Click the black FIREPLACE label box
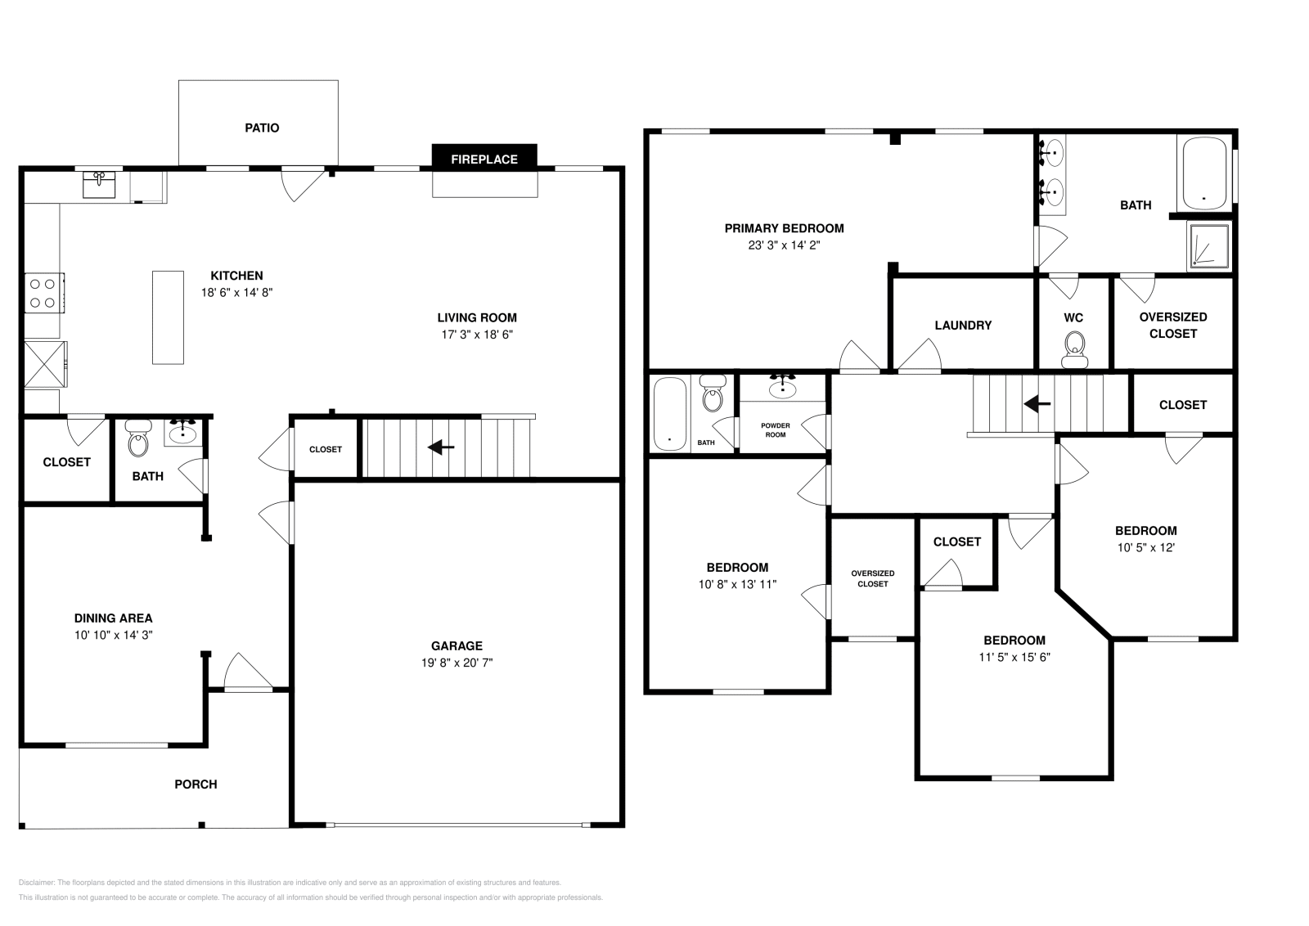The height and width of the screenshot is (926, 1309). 484,159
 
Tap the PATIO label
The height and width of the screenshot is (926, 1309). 262,128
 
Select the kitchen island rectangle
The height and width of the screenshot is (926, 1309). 168,317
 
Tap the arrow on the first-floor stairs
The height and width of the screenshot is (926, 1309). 442,447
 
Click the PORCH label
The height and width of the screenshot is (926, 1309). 196,784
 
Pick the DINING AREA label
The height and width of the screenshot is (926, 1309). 113,618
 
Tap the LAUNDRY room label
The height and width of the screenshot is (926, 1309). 963,325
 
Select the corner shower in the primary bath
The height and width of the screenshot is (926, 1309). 1208,246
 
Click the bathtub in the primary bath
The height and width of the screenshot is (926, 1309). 1204,173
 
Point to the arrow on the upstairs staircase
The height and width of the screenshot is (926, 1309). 1038,403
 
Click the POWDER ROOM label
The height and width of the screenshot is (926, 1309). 775,430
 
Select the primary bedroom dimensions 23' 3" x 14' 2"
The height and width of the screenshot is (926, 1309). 784,245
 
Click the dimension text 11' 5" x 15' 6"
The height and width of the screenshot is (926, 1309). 1014,657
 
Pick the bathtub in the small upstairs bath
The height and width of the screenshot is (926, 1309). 671,412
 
